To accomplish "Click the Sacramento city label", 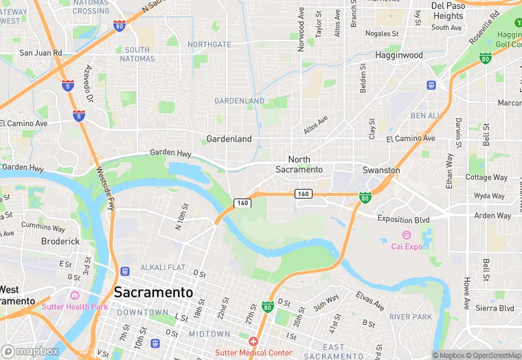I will tap(153, 292).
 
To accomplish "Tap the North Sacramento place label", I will tap(299, 164).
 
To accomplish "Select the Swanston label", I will tap(381, 170).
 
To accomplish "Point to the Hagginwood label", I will tap(399, 54).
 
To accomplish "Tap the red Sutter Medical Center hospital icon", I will tap(253, 341).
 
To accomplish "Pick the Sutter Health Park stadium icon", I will tap(35, 306).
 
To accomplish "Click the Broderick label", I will tap(60, 241).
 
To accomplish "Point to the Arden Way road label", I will tap(493, 216).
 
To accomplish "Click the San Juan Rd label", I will tap(41, 52).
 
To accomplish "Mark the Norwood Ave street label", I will tap(301, 30).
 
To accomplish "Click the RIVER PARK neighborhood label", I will tap(409, 317).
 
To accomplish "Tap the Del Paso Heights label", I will tap(448, 11).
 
